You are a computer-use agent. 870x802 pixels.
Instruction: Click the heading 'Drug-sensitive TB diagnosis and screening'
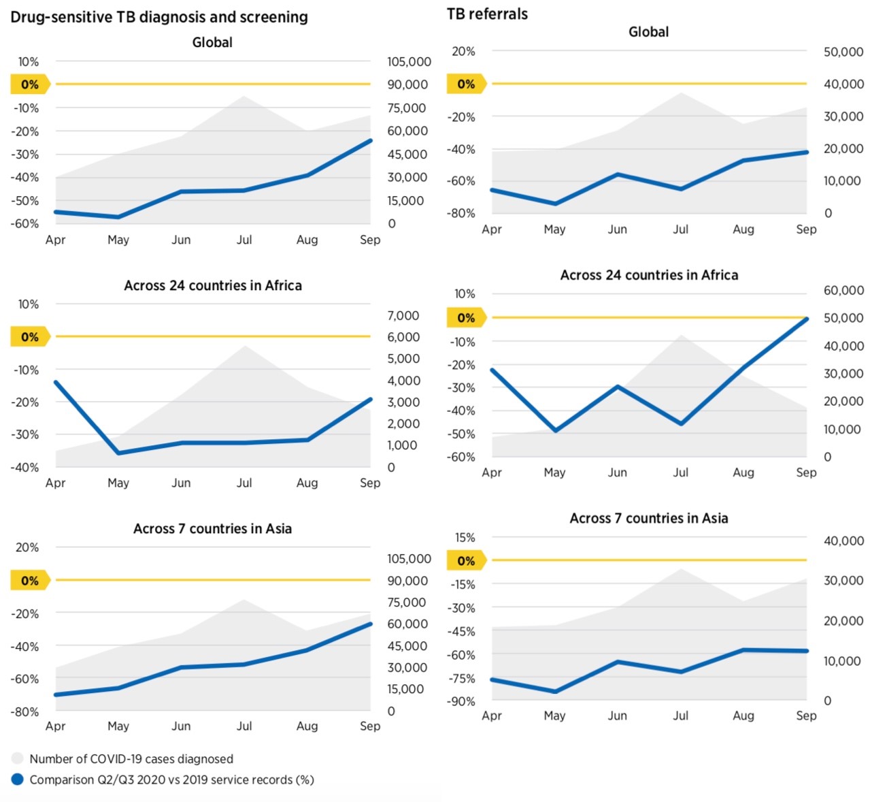tap(159, 17)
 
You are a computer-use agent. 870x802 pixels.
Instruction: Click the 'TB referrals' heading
tap(487, 14)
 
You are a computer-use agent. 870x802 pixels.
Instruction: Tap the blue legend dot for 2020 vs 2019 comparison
tap(18, 780)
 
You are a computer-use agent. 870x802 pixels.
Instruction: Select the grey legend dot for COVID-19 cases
tap(18, 758)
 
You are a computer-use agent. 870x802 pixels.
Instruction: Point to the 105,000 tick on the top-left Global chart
tap(409, 62)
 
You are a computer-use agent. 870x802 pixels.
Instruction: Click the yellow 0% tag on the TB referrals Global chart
tap(466, 84)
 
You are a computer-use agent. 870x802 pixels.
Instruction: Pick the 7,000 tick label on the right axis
tap(403, 315)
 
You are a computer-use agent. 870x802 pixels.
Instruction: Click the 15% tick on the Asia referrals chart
tap(465, 538)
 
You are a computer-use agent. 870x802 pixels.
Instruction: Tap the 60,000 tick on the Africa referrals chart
tap(843, 291)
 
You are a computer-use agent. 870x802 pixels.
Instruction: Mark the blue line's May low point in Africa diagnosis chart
tap(119, 453)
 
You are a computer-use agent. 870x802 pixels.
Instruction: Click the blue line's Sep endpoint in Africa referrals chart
tap(807, 319)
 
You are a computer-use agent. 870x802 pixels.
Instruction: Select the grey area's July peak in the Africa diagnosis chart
tap(245, 346)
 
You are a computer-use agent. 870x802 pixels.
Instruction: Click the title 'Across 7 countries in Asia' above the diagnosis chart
tap(212, 528)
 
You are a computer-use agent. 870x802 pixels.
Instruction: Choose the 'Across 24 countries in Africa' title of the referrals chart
tap(649, 275)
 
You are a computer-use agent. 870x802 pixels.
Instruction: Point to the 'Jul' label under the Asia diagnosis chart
tap(244, 726)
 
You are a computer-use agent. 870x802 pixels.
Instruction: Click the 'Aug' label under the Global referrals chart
tap(743, 229)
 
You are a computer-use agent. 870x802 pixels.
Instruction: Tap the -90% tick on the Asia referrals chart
tap(462, 701)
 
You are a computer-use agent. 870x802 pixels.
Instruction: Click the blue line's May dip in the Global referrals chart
tap(555, 204)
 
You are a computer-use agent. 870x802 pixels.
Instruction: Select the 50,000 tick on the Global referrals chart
tap(843, 52)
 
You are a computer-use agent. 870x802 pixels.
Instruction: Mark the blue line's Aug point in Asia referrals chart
tap(744, 650)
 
